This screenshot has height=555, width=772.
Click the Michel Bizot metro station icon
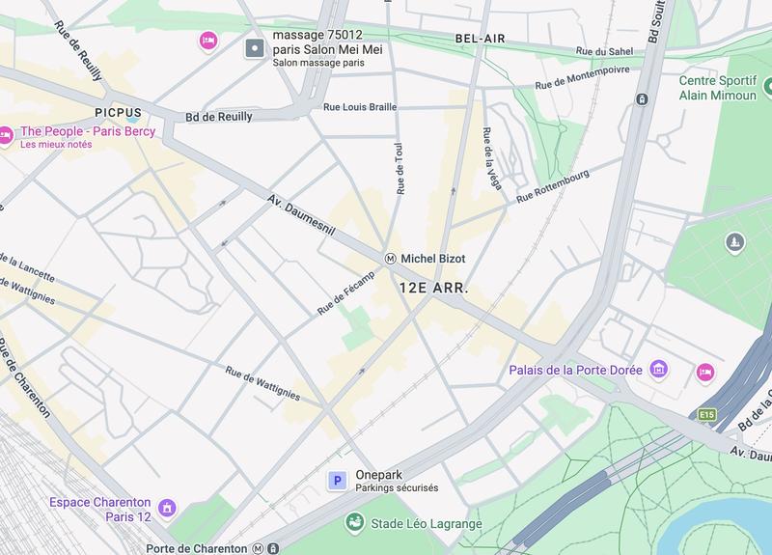tap(391, 259)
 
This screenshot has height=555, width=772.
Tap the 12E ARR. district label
tap(433, 288)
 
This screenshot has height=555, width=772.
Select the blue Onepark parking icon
tap(338, 481)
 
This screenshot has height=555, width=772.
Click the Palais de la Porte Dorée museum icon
tap(659, 370)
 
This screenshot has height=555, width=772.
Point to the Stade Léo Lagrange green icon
tap(355, 523)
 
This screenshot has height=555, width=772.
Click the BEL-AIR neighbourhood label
tap(481, 40)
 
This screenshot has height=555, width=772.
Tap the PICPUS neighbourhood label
tap(119, 112)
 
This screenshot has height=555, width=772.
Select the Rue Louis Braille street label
tap(360, 108)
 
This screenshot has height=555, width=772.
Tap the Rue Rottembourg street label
tap(552, 186)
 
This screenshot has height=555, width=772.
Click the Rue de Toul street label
tap(399, 166)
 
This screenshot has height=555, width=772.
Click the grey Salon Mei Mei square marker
tap(254, 47)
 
